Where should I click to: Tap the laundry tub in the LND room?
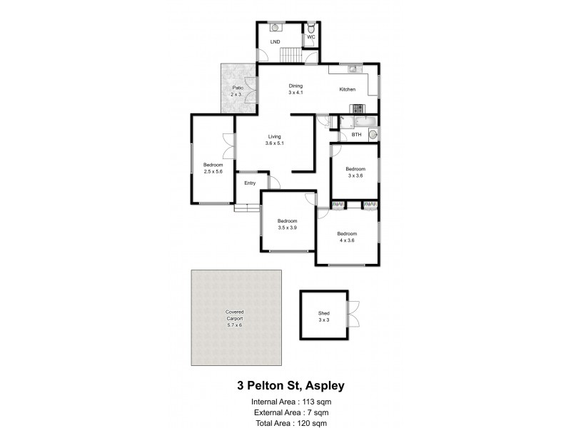(x=276, y=28)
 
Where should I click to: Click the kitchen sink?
(x=353, y=69)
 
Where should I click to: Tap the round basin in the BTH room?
(x=373, y=133)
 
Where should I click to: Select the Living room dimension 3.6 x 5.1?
(x=276, y=143)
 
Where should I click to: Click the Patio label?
(x=237, y=88)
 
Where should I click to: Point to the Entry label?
(x=250, y=183)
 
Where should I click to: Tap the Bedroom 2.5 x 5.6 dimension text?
(x=213, y=171)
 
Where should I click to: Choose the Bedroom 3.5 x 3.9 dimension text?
(x=287, y=228)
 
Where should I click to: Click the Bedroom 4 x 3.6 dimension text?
(x=347, y=240)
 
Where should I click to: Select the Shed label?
(x=324, y=313)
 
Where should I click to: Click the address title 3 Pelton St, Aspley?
(x=290, y=386)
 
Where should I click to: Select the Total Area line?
(x=290, y=423)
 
